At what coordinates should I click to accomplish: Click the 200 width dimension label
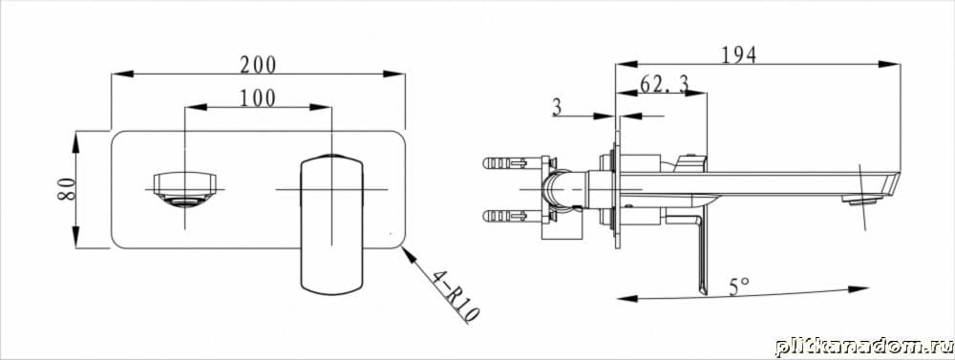coord(258,64)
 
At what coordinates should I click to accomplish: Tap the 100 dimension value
coord(257,97)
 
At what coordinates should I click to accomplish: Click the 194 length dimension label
coord(738,54)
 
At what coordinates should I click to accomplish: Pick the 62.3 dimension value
coord(664,84)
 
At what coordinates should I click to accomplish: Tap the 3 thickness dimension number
coord(557,108)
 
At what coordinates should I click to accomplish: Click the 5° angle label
coord(739,286)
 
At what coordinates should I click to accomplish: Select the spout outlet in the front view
coord(184,189)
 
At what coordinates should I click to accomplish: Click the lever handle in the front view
coord(332,224)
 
